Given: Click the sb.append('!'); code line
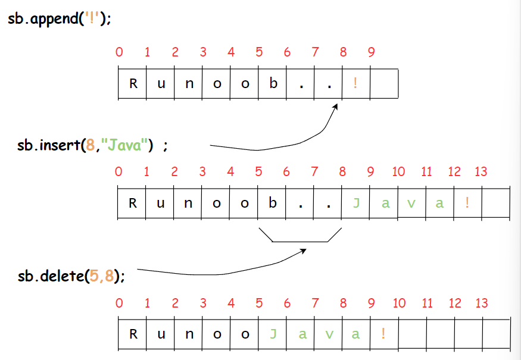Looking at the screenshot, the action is coord(60,18).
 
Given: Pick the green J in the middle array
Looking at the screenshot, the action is coord(357,203).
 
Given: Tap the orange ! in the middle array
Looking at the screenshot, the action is coord(467,203).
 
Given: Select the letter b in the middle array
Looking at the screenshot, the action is coord(273,203).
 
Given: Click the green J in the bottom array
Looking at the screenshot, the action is coord(273,334).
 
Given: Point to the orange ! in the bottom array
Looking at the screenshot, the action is coord(383,334).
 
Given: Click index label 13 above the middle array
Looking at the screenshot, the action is coord(481,172).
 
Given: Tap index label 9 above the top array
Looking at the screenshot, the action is coord(372,52).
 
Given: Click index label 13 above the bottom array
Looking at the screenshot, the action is coord(482,303).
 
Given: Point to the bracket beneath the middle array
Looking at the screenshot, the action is coord(300,240).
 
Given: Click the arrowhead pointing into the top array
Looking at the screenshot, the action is coord(336,107).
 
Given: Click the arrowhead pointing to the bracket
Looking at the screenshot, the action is coord(303,251).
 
